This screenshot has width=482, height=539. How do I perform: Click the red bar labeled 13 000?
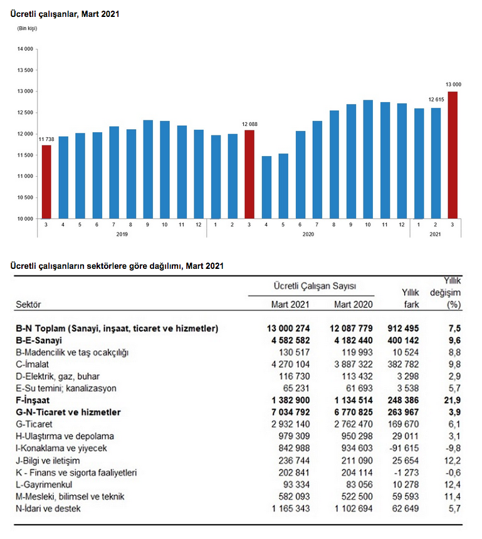coord(453,155)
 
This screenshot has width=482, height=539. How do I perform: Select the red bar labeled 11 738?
coord(46,182)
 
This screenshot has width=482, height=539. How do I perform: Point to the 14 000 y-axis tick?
coord(26,49)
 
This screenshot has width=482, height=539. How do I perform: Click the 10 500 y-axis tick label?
coord(26,197)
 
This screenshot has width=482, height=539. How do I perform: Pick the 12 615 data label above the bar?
coord(436,100)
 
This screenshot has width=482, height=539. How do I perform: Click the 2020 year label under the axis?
coord(308,234)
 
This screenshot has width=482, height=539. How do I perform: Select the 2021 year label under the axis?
coord(436,234)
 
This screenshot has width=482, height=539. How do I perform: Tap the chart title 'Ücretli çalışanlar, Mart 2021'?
coord(65,13)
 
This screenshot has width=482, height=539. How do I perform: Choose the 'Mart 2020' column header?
coord(354,305)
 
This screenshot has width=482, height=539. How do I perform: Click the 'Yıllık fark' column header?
coord(410,298)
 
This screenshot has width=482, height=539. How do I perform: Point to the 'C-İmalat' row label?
coord(33,364)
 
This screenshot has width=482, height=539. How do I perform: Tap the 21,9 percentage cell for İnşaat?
coord(454,399)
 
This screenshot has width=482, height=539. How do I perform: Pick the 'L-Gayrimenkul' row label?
coord(43,484)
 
